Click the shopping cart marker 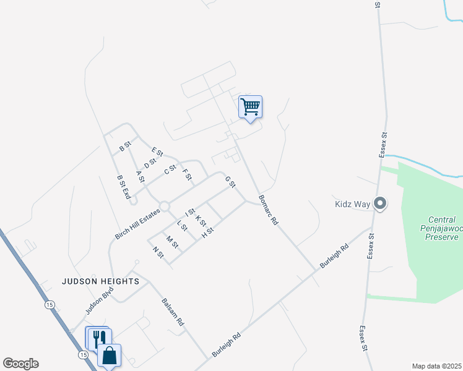(x=250, y=106)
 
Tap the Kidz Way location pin (x=380, y=203)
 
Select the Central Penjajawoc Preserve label (x=442, y=228)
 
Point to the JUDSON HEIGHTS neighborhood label (x=100, y=281)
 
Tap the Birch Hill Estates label (x=137, y=224)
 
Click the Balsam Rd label (x=173, y=313)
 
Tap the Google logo (x=20, y=364)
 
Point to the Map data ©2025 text (x=436, y=366)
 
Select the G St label (x=231, y=182)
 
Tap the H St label (x=207, y=232)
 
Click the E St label (x=157, y=152)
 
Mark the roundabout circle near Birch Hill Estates (x=165, y=206)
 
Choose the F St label (x=187, y=175)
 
